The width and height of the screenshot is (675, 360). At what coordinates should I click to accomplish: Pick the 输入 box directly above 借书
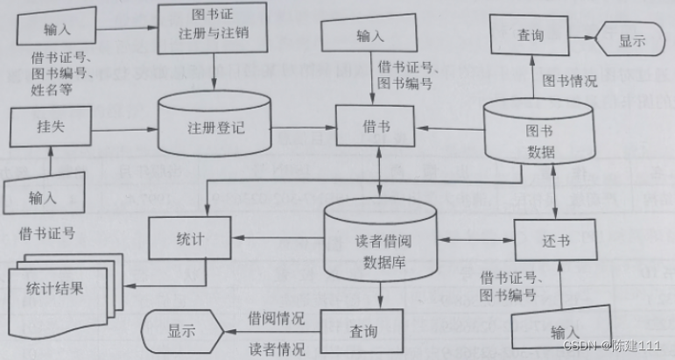(x=369, y=35)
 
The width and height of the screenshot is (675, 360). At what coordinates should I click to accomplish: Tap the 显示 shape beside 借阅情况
(x=182, y=330)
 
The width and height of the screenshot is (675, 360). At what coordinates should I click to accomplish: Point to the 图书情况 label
(x=569, y=81)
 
